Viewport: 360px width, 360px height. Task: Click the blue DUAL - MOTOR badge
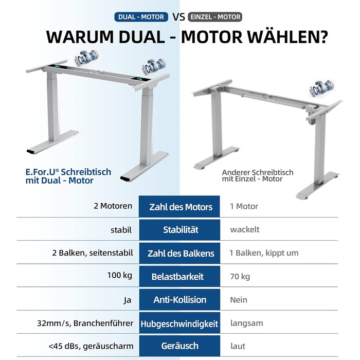(141, 17)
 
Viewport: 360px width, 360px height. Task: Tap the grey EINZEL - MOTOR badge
(215, 17)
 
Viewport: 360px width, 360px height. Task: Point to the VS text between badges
(178, 17)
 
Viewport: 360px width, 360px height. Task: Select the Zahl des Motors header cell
(179, 206)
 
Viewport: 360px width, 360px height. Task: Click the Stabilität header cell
(179, 230)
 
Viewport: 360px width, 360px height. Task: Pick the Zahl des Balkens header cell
(179, 253)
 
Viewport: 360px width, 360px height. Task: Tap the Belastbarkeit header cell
(179, 277)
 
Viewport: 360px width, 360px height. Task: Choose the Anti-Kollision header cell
(179, 300)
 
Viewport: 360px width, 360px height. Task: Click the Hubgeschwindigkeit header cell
(179, 323)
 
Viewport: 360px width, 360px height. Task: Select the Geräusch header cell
(179, 346)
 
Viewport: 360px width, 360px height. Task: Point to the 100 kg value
(120, 275)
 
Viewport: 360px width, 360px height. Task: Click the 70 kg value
(240, 277)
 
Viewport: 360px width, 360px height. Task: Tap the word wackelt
(245, 229)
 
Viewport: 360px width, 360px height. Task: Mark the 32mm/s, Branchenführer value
(85, 323)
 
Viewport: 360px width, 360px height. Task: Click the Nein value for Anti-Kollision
(239, 300)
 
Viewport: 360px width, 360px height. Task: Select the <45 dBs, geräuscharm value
(91, 346)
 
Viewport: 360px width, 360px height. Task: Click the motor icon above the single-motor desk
(321, 88)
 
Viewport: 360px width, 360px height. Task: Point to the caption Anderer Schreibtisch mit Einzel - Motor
(258, 176)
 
